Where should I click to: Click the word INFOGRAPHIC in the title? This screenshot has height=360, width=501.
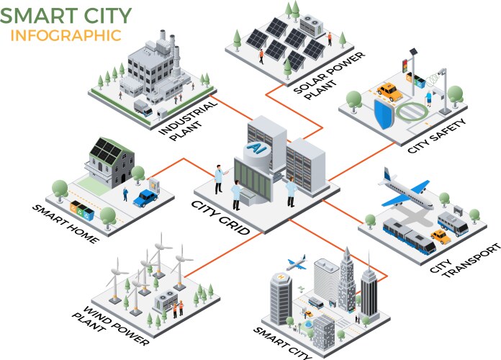point(66,35)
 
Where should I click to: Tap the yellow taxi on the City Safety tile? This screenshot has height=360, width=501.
point(389,92)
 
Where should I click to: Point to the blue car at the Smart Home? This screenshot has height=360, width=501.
point(147,197)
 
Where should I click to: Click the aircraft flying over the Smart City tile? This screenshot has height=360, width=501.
point(295,264)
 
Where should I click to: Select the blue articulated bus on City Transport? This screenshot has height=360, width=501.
point(407,237)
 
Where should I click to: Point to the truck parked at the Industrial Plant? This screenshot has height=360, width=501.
point(144,109)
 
